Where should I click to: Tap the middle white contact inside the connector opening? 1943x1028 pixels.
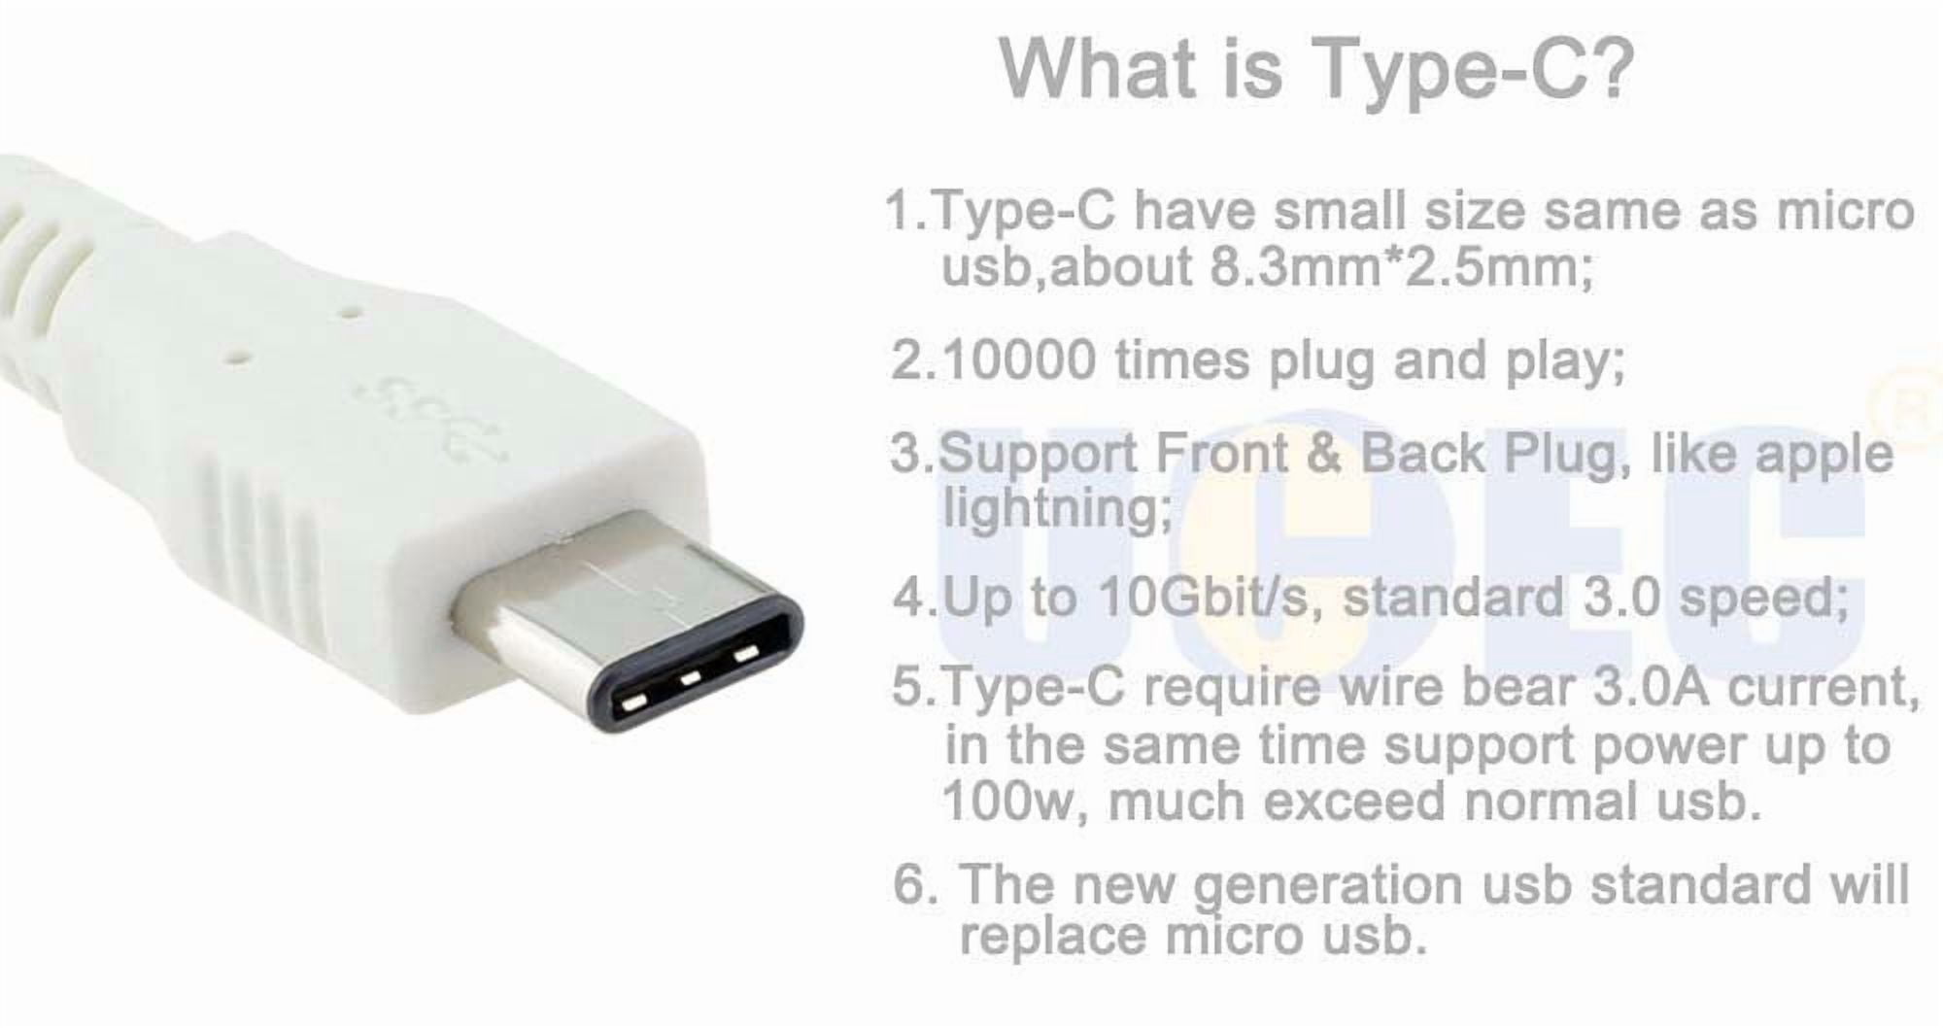coord(691,677)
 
